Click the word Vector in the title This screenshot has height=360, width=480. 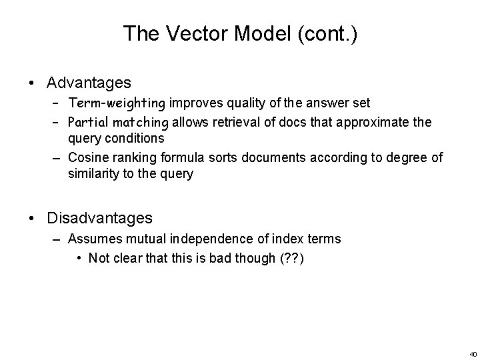point(189,34)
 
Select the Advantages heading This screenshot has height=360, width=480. point(89,83)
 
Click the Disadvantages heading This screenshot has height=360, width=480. point(99,217)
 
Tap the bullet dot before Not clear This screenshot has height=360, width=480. point(80,257)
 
